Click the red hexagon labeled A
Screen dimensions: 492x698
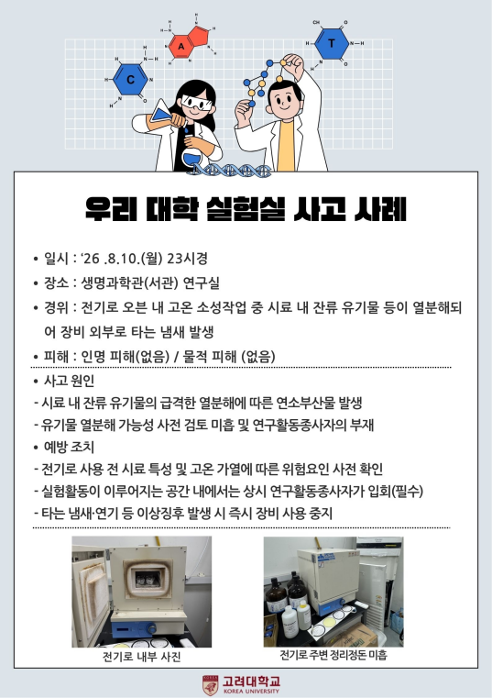181,46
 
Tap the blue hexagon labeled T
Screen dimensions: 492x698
332,43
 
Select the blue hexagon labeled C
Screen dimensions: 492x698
130,80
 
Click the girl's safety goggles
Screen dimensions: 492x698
197,104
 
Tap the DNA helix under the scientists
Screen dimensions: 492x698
232,170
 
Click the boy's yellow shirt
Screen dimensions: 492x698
286,146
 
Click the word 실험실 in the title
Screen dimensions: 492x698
246,209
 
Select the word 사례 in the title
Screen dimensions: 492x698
381,209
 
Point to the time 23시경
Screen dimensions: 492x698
187,258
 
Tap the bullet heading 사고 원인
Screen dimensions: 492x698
69,381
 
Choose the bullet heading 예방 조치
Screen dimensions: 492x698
69,447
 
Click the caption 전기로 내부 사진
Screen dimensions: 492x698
141,657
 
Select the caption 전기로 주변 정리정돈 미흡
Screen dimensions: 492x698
333,655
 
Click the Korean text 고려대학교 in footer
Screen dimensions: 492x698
251,681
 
